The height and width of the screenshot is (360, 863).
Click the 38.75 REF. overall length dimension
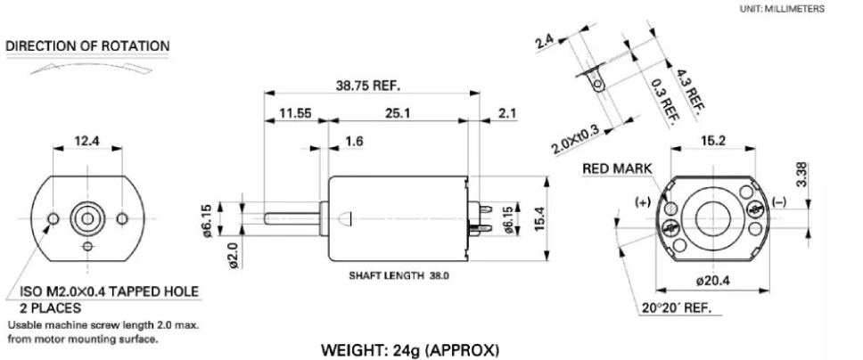pyautogui.click(x=369, y=86)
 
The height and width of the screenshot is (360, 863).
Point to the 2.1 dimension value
pyautogui.click(x=507, y=115)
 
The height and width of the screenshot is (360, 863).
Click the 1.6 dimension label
pyautogui.click(x=354, y=141)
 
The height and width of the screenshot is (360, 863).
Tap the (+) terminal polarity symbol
pyautogui.click(x=642, y=201)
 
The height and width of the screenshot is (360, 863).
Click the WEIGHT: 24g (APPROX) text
pyautogui.click(x=409, y=351)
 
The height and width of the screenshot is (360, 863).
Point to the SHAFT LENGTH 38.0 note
pyautogui.click(x=399, y=276)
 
